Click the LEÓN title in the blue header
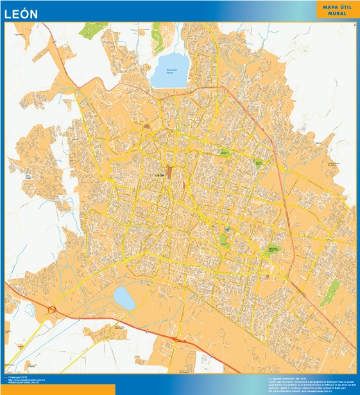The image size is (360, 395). point(21,13)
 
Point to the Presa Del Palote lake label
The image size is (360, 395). point(170,71)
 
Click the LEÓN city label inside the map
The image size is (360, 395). point(160,174)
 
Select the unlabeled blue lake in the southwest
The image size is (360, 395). point(124,298)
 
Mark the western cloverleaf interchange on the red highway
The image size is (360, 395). point(53,311)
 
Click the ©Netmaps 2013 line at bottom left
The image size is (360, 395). point(15,378)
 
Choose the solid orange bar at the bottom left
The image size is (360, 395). point(48,390)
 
